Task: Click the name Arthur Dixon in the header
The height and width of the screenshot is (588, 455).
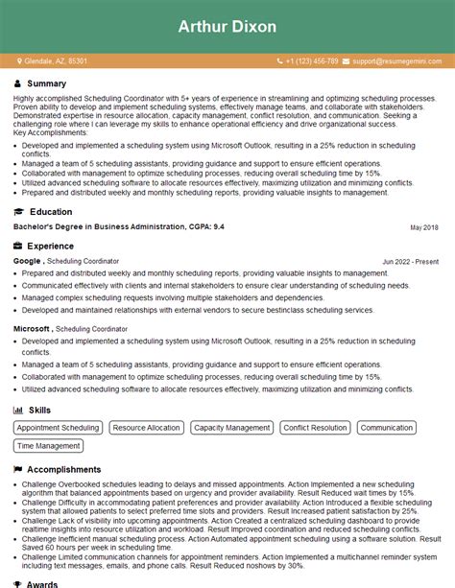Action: [227, 25]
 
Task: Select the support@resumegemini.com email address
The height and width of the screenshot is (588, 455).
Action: [395, 61]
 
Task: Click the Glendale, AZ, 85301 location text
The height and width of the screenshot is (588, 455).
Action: [55, 61]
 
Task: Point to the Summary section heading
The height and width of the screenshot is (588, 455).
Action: [46, 83]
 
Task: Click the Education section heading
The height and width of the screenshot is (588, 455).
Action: [50, 212]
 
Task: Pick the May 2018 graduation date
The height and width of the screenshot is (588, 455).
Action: [423, 227]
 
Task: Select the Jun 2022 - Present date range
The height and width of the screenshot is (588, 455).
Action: [409, 262]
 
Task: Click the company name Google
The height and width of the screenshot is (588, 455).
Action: [28, 261]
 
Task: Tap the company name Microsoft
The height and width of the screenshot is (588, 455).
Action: [32, 329]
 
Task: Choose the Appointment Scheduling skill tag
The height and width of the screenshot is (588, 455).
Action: [58, 428]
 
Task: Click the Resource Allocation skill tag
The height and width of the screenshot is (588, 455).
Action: [145, 428]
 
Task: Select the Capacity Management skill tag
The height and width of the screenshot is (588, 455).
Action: [231, 428]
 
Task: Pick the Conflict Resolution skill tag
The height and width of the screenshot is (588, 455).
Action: [315, 428]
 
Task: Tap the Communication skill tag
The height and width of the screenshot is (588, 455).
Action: [387, 428]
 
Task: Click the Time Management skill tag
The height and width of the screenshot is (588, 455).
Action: [49, 446]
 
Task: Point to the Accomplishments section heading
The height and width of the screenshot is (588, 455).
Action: [63, 470]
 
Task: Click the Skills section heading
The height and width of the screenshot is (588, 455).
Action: [39, 410]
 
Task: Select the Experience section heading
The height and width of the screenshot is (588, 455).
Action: [50, 247]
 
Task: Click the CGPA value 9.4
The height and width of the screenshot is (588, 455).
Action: [219, 227]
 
